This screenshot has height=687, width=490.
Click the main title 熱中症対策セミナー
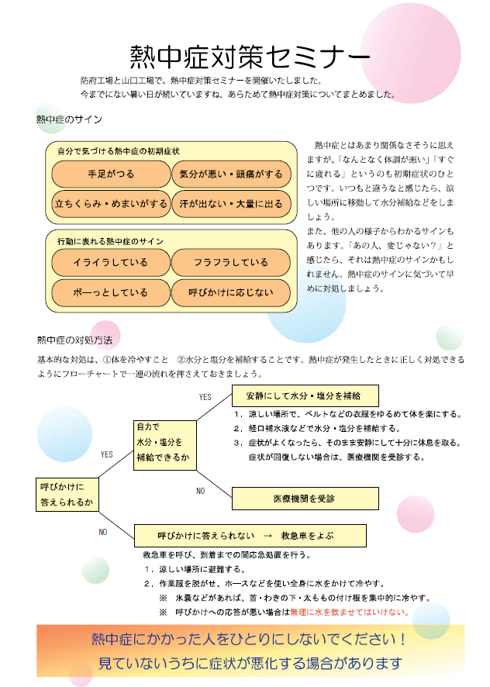(250, 57)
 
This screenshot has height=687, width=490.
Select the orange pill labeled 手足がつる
(111, 174)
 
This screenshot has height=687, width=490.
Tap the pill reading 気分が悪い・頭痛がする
(231, 174)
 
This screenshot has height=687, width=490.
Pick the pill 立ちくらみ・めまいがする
(111, 204)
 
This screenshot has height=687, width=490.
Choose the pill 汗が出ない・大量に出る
(231, 204)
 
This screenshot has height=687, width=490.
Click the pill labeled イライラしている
(111, 262)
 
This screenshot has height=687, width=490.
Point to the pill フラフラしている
(231, 262)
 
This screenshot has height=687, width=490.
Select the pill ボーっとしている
(111, 292)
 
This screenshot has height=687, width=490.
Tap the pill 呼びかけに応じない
(231, 292)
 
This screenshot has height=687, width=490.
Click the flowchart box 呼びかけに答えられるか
(67, 495)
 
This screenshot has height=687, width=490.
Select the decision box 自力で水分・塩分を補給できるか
(165, 446)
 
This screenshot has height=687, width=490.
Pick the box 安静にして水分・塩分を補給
(305, 395)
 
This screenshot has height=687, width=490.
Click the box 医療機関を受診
(305, 499)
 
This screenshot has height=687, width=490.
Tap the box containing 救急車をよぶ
(250, 535)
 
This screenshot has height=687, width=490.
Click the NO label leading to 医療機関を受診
(201, 491)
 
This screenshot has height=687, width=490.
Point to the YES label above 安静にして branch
(205, 397)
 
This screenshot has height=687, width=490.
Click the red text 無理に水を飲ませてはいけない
(350, 612)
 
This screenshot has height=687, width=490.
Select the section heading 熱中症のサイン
(69, 119)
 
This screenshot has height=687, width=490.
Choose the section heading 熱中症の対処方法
(74, 340)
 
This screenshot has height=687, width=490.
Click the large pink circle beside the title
(411, 53)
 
